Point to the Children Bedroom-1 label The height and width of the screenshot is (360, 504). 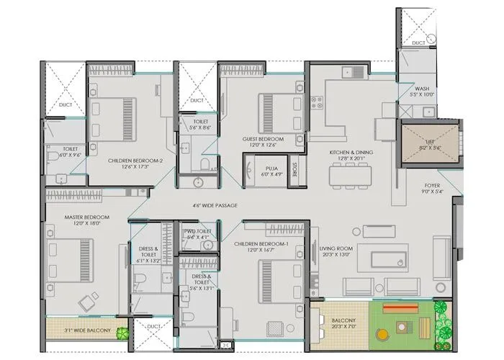coord(261,248)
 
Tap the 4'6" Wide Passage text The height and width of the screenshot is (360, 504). coord(215,205)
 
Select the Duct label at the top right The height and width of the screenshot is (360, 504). coord(418,43)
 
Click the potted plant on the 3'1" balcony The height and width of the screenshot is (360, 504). coord(124,333)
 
